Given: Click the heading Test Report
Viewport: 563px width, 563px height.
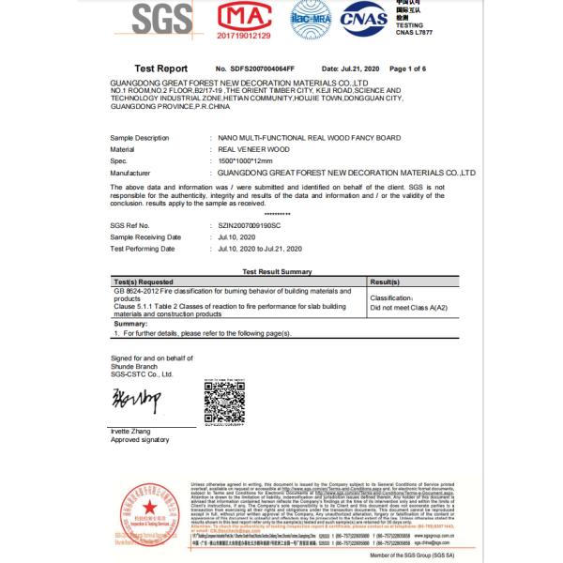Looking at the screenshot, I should click(x=160, y=68).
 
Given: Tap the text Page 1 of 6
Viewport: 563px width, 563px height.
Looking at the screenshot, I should click(x=407, y=69).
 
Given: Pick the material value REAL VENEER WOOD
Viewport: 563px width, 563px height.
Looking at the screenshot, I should click(x=253, y=149).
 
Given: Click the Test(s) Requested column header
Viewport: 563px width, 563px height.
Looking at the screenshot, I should click(x=144, y=281).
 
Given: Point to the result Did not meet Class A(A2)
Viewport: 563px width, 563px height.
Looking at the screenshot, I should click(x=408, y=307).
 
